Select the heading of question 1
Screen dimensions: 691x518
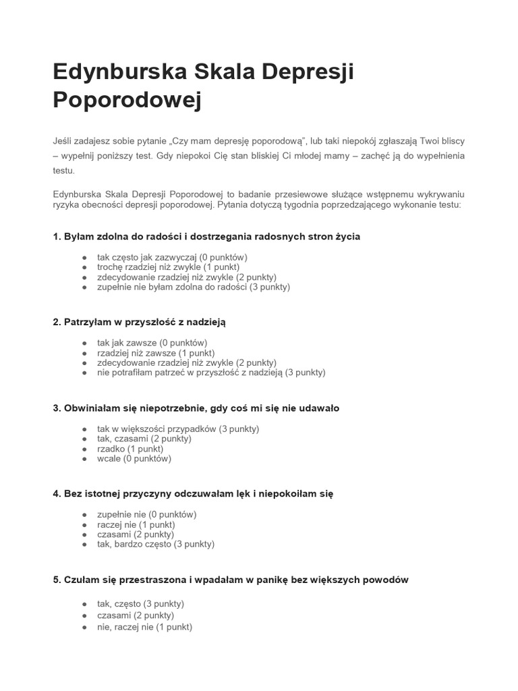click(x=206, y=236)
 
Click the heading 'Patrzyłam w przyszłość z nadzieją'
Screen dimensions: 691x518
click(x=139, y=322)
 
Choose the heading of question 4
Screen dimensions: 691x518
click(x=193, y=494)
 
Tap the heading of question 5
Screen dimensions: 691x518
click(x=231, y=580)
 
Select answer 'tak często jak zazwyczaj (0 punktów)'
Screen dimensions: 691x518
click(x=172, y=257)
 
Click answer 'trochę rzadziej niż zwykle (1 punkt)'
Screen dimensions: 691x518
click(x=168, y=267)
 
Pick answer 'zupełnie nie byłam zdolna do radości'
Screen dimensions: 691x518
click(x=194, y=287)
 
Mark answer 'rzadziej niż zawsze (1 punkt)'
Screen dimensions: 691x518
click(x=156, y=353)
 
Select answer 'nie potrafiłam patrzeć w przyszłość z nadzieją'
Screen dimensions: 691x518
click(x=211, y=372)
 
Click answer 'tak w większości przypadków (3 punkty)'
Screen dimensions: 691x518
click(x=178, y=429)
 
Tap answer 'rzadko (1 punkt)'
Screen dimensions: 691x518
click(x=130, y=449)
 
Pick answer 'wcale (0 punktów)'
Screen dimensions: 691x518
click(x=134, y=459)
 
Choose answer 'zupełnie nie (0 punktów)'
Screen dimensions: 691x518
click(x=146, y=514)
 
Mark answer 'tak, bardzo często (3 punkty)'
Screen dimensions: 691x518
click(x=156, y=544)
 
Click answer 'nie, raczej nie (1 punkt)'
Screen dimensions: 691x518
click(x=144, y=627)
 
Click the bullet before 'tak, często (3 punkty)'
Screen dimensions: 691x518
click(x=84, y=604)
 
